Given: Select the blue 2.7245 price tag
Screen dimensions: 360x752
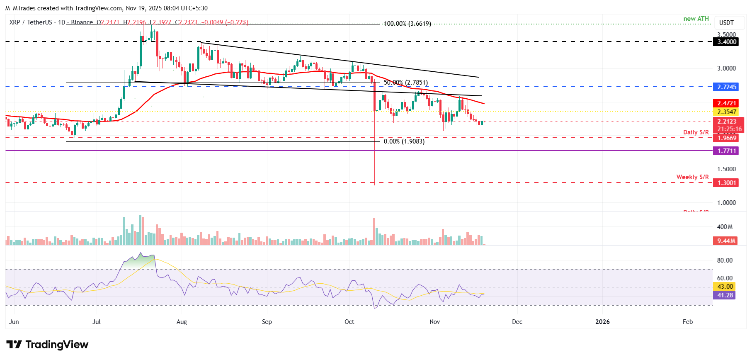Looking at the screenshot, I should point(727,87).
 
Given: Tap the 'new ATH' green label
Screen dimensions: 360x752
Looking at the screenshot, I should point(696,19).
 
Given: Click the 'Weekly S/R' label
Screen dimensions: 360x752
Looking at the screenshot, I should point(692,177).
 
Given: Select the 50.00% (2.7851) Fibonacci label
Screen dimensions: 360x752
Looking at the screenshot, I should point(405,83).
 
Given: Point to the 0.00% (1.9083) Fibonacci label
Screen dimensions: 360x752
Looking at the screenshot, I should point(404,141).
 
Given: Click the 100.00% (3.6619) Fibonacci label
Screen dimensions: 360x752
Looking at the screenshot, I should point(407,24).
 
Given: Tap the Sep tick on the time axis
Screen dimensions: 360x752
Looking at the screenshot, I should point(267,322).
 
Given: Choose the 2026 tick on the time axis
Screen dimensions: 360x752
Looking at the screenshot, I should point(602,322).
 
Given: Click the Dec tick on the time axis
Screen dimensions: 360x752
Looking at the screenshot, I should point(517,322).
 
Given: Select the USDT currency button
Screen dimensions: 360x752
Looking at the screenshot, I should point(726,23).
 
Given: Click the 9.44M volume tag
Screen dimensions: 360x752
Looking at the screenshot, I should point(726,241).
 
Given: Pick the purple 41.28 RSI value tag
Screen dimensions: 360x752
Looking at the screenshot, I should point(725,295).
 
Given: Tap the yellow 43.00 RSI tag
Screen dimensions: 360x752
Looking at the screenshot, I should point(725,287).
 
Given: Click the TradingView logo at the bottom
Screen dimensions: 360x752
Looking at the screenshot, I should point(48,345).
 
